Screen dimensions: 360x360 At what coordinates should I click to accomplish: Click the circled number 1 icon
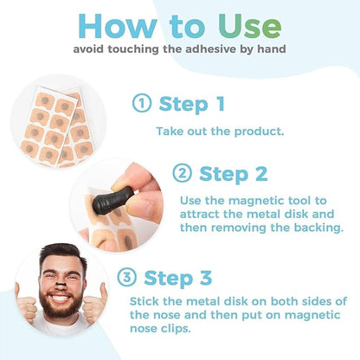[x=142, y=104]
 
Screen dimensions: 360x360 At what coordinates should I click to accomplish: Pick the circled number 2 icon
[x=182, y=174]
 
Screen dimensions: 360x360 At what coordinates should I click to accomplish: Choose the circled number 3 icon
[x=125, y=278]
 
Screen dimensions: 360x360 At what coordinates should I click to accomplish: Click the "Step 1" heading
[x=191, y=104]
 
